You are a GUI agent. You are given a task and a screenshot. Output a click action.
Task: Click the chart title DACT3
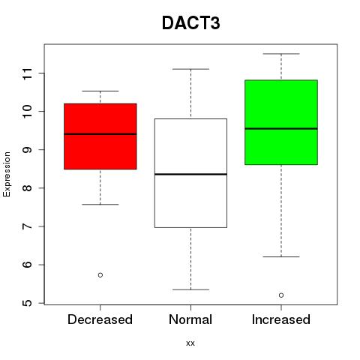pyautogui.click(x=191, y=23)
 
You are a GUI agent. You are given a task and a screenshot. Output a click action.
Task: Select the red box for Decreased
pyautogui.click(x=100, y=136)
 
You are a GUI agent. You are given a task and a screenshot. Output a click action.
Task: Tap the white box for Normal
pyautogui.click(x=190, y=173)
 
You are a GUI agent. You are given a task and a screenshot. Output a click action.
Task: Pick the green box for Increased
pyautogui.click(x=281, y=122)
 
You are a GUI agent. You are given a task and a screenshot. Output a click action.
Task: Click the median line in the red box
pyautogui.click(x=100, y=134)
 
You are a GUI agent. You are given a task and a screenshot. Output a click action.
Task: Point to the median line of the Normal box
pyautogui.click(x=190, y=174)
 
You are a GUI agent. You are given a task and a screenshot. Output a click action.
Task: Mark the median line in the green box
pyautogui.click(x=281, y=129)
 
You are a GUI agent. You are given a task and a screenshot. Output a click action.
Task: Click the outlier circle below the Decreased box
pyautogui.click(x=100, y=275)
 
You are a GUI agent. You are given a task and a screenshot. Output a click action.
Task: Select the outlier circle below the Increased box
pyautogui.click(x=281, y=295)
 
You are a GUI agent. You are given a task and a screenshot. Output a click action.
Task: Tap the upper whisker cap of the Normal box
pyautogui.click(x=190, y=69)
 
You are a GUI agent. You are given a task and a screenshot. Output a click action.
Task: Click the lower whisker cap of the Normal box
pyautogui.click(x=190, y=289)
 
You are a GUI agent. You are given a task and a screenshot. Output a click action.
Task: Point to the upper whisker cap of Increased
pyautogui.click(x=281, y=54)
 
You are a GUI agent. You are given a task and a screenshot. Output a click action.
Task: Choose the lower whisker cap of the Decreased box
pyautogui.click(x=100, y=205)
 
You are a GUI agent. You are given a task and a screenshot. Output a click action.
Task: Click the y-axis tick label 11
pyautogui.click(x=27, y=73)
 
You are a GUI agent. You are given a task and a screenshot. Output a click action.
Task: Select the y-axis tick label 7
pyautogui.click(x=27, y=226)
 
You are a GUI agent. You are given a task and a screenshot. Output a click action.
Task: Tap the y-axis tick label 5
pyautogui.click(x=27, y=303)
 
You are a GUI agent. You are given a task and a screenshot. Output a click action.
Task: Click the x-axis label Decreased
pyautogui.click(x=100, y=319)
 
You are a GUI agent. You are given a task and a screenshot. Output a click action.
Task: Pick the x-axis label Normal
pyautogui.click(x=190, y=319)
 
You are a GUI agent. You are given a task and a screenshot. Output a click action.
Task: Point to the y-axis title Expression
pyautogui.click(x=7, y=174)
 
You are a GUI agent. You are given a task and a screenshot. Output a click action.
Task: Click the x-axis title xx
pyautogui.click(x=190, y=343)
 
